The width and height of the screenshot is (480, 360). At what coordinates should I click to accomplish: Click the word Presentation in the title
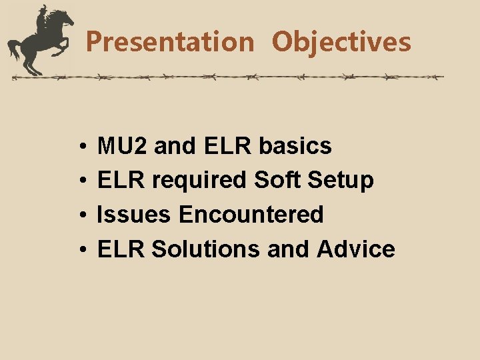(170, 42)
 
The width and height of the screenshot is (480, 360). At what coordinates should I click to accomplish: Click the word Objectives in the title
(341, 42)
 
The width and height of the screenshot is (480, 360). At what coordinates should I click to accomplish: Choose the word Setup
(346, 180)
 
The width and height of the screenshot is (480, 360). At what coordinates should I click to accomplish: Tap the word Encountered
(251, 215)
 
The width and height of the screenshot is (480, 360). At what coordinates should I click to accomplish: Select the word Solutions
(206, 249)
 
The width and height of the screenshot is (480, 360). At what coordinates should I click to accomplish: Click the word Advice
(356, 249)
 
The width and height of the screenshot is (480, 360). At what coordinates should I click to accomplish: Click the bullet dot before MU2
(80, 146)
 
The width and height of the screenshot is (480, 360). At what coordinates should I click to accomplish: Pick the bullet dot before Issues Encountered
(80, 215)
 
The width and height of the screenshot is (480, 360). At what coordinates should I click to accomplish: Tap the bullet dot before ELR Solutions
(80, 250)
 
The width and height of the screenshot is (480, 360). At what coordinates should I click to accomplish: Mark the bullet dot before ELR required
(80, 181)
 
